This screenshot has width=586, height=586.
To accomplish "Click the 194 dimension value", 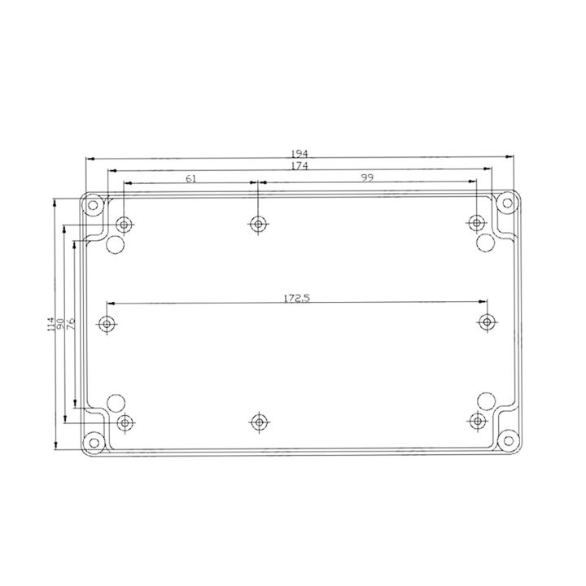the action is tap(300, 154).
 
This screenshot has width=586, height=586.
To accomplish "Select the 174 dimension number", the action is tap(300, 165).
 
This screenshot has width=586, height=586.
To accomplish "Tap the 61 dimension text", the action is tap(191, 178).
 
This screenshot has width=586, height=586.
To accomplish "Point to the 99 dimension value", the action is tap(367, 177).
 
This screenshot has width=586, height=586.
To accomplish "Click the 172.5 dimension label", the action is tap(297, 298).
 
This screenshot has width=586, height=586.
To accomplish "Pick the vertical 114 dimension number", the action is tap(51, 324).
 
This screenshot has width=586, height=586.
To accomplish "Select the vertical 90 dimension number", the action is tap(60, 324).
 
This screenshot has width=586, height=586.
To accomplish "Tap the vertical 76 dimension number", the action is tap(71, 323).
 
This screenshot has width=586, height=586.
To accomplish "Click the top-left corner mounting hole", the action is tap(93, 205).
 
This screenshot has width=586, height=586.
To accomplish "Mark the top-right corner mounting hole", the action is tap(507, 203).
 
